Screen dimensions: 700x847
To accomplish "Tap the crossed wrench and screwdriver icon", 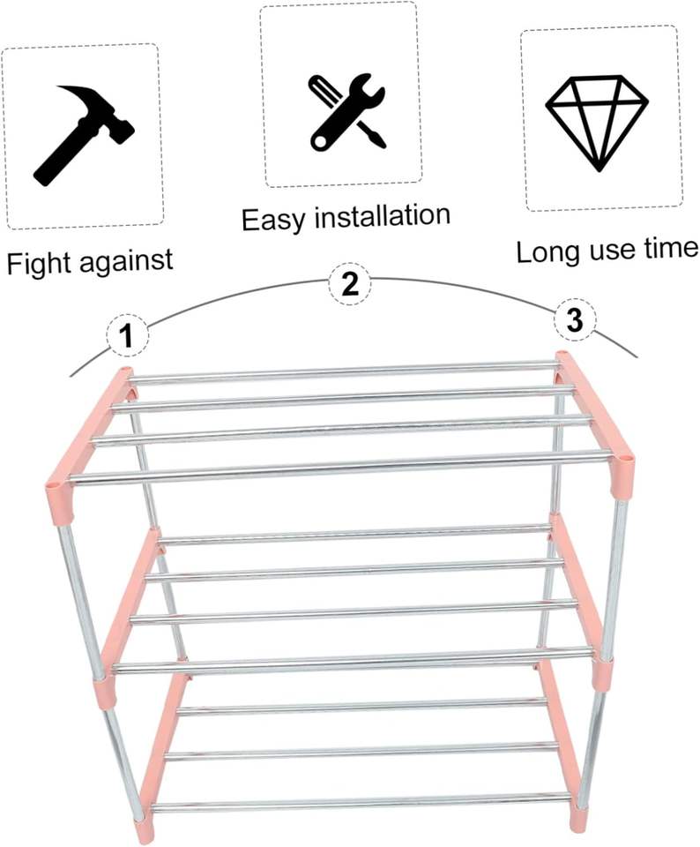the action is (346, 111).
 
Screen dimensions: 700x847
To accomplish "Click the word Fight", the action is (38, 262).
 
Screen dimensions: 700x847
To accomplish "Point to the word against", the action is (123, 262).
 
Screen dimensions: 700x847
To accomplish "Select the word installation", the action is (384, 215).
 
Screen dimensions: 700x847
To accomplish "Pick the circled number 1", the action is (127, 335).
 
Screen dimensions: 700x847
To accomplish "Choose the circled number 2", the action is (350, 284).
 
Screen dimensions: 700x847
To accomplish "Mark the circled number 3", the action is (575, 321).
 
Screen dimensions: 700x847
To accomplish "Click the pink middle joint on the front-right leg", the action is (602, 672).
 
